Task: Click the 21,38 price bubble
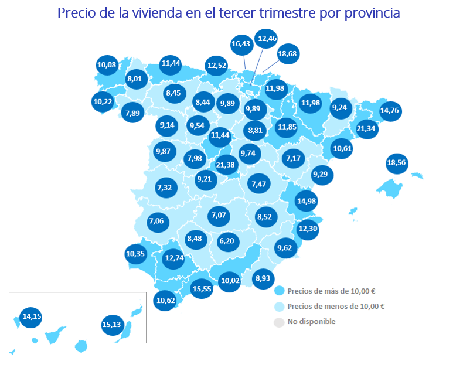tap(226, 165)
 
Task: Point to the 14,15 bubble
tap(31, 316)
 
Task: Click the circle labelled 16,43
tap(241, 43)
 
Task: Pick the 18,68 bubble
tap(287, 54)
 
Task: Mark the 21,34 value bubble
tap(366, 128)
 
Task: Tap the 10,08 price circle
tap(107, 64)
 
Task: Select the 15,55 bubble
tap(202, 288)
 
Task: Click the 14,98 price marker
tap(306, 201)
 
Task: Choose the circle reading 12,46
tap(267, 39)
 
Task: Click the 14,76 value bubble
tap(390, 110)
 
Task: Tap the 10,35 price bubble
tap(135, 254)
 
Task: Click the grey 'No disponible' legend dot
tap(279, 322)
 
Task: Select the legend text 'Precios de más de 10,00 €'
tap(332, 291)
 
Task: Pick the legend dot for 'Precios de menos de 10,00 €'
tap(279, 307)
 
